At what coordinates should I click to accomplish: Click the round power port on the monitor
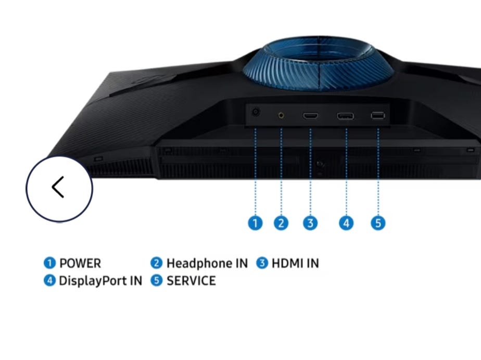pyautogui.click(x=256, y=113)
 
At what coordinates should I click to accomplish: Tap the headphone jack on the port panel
pyautogui.click(x=281, y=115)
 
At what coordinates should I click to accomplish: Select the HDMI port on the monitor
pyautogui.click(x=310, y=116)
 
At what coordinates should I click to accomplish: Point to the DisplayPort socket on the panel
pyautogui.click(x=345, y=116)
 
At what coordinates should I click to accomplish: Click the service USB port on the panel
pyautogui.click(x=377, y=115)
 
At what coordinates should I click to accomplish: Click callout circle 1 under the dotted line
pyautogui.click(x=255, y=223)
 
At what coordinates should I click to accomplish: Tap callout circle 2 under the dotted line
pyautogui.click(x=281, y=223)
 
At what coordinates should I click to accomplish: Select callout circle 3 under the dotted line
pyautogui.click(x=310, y=223)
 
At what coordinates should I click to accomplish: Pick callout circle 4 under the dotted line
pyautogui.click(x=346, y=223)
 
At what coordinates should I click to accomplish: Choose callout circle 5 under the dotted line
pyautogui.click(x=378, y=223)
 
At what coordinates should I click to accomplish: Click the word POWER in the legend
pyautogui.click(x=80, y=263)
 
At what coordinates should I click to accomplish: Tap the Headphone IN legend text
pyautogui.click(x=207, y=263)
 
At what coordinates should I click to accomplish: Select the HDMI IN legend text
pyautogui.click(x=295, y=263)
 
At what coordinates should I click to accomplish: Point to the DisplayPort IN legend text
pyautogui.click(x=100, y=281)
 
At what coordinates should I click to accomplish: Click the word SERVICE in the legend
pyautogui.click(x=191, y=281)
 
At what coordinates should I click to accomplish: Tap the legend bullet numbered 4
pyautogui.click(x=49, y=280)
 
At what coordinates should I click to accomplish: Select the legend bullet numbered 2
pyautogui.click(x=157, y=263)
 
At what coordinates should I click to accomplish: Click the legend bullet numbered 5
pyautogui.click(x=157, y=280)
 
